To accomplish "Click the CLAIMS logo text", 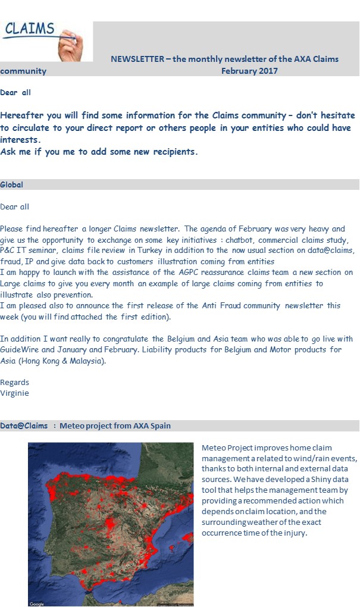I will click(x=29, y=29).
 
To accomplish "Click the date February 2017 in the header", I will click(x=249, y=71).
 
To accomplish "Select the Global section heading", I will click(x=12, y=184).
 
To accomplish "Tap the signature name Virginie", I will click(x=14, y=393).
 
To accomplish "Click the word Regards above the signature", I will click(x=15, y=382).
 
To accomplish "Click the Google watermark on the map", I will click(x=37, y=603).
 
